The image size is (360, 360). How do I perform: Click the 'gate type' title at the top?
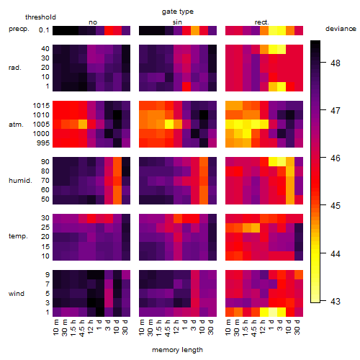click(x=178, y=12)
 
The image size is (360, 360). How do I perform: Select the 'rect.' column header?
click(x=261, y=22)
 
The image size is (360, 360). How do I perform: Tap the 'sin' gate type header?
click(x=177, y=22)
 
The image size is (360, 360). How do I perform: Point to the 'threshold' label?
click(x=40, y=17)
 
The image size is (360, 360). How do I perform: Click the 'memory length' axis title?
click(x=177, y=350)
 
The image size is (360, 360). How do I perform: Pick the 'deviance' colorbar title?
click(x=341, y=29)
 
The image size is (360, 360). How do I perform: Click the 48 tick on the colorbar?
click(x=336, y=63)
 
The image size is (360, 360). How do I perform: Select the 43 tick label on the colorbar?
click(x=336, y=301)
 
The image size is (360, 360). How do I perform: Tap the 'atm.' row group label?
click(x=16, y=125)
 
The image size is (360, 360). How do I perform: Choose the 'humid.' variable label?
click(x=20, y=181)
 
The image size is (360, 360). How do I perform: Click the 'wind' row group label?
click(x=17, y=294)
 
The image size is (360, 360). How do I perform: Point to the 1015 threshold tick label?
click(x=41, y=106)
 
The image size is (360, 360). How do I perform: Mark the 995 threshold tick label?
click(x=43, y=143)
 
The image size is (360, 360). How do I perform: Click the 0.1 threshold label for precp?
click(x=44, y=30)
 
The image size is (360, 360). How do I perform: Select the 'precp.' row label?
click(x=19, y=29)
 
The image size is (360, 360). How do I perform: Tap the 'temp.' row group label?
click(x=18, y=236)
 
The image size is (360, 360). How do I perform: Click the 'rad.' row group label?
click(x=15, y=68)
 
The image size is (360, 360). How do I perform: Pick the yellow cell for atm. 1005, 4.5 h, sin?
click(x=169, y=124)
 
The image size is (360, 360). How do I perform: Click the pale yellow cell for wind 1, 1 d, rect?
click(x=273, y=312)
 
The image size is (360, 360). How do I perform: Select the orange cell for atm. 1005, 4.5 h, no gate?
click(x=83, y=124)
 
